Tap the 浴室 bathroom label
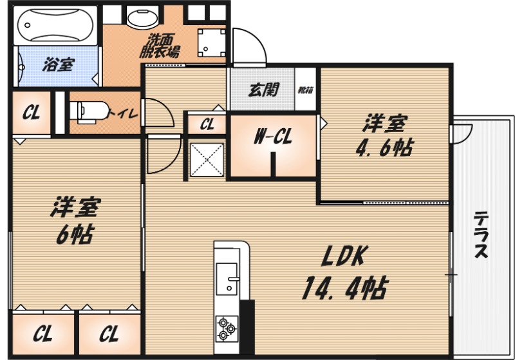(x=57, y=64)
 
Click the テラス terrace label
(x=481, y=236)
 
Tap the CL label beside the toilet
(x=32, y=113)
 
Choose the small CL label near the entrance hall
(x=207, y=124)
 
